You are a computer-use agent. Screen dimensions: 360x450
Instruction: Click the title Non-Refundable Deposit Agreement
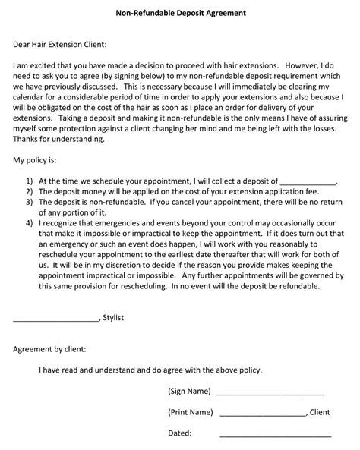[180, 14]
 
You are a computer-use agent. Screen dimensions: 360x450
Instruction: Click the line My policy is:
[36, 161]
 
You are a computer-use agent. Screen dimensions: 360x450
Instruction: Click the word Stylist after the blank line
[113, 318]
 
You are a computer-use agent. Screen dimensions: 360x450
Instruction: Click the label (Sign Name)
[189, 391]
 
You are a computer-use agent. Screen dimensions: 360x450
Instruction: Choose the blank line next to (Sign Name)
[270, 393]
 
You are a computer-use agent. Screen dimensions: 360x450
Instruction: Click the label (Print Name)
[190, 412]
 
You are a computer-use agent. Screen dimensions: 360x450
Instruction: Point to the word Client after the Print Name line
[320, 412]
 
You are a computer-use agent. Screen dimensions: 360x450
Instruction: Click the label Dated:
[180, 433]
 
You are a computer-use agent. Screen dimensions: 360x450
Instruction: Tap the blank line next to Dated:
[275, 436]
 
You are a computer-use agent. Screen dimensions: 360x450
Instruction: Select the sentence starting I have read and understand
[150, 370]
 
